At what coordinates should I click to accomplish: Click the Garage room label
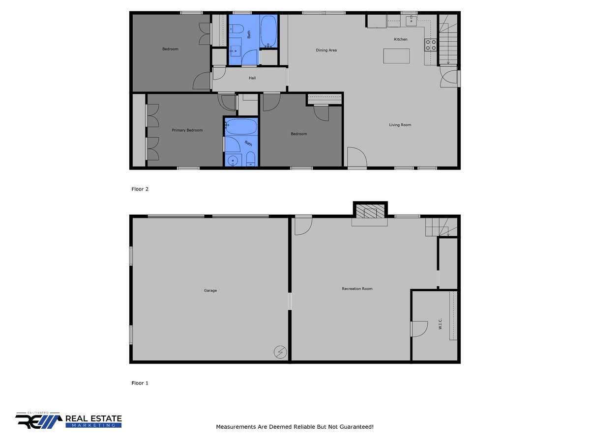(x=210, y=290)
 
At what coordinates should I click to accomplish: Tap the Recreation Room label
(x=357, y=289)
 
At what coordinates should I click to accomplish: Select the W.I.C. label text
(x=440, y=324)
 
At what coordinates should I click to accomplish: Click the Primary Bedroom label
(x=187, y=130)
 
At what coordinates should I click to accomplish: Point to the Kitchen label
(x=401, y=39)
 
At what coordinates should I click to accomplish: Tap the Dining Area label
(x=326, y=50)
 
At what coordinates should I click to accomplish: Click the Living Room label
(x=400, y=125)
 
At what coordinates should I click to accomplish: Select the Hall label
(x=252, y=78)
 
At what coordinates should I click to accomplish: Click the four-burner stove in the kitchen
(x=431, y=45)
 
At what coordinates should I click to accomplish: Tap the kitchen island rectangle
(x=396, y=56)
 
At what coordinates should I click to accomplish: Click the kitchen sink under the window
(x=411, y=21)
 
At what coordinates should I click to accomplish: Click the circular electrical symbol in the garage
(x=280, y=352)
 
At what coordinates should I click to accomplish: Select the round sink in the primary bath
(x=233, y=161)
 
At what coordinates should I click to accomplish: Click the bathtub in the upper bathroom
(x=268, y=31)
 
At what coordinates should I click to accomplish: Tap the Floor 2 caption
(x=140, y=189)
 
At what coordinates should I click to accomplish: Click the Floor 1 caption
(x=140, y=383)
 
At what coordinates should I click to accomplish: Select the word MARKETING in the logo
(x=93, y=425)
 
